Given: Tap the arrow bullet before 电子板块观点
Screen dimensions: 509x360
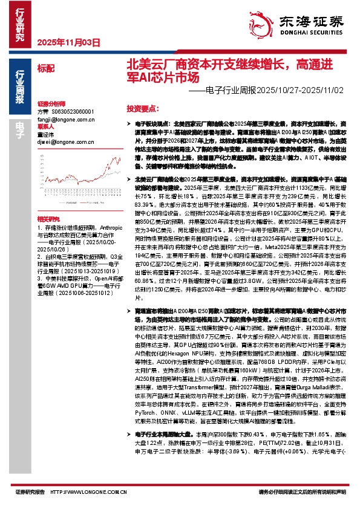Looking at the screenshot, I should click(x=131, y=123).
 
